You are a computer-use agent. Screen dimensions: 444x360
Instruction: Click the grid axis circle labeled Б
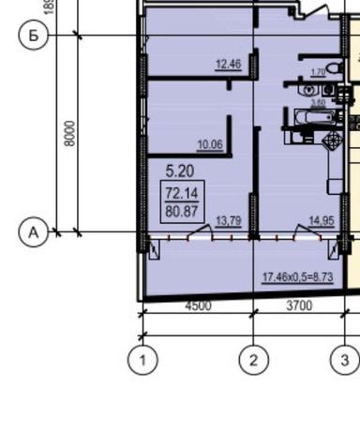click(x=34, y=36)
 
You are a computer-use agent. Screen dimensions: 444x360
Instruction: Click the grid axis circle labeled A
click(x=34, y=231)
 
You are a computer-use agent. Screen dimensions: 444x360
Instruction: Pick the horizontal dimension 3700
click(x=298, y=305)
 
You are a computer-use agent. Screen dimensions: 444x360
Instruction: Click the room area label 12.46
click(x=228, y=65)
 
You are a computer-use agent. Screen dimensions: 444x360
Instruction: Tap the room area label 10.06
click(x=210, y=144)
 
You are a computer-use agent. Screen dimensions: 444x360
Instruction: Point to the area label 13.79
click(x=228, y=221)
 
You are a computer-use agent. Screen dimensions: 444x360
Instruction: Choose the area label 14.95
click(x=322, y=221)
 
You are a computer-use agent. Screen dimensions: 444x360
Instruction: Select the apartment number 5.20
click(x=180, y=171)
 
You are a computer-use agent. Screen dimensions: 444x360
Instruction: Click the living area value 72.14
click(x=182, y=193)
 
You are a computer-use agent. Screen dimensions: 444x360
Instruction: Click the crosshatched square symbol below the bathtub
click(x=329, y=141)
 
